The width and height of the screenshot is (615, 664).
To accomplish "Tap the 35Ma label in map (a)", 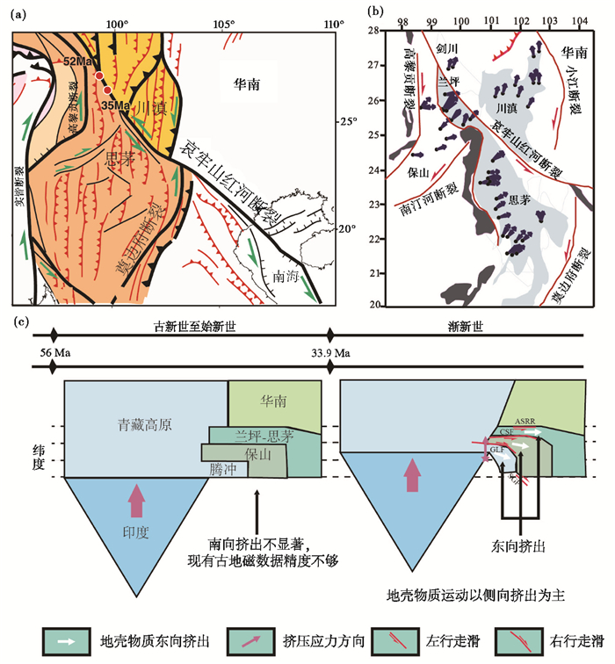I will click(x=115, y=105).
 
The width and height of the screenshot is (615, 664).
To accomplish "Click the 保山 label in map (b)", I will click(x=416, y=172).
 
